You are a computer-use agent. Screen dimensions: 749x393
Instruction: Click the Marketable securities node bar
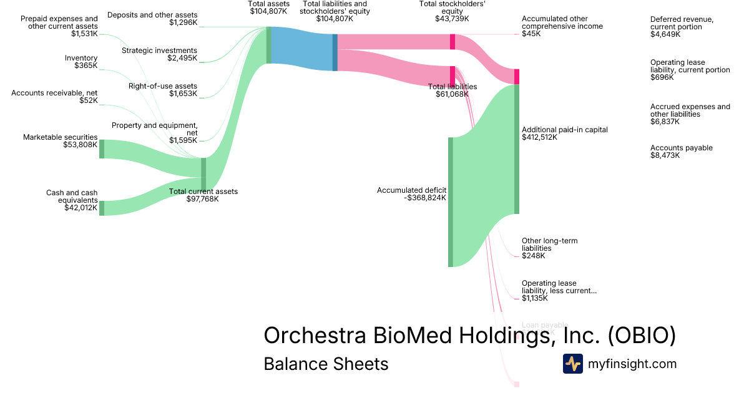tap(102, 149)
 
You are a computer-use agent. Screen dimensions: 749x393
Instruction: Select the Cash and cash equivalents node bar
tap(102, 208)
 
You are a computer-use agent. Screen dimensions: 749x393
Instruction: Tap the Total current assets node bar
tap(203, 174)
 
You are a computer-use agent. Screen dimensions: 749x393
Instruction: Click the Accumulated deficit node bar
tap(451, 202)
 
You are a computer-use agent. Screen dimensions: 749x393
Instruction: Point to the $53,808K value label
tap(81, 145)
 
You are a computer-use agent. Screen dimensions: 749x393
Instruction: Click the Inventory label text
tap(81, 58)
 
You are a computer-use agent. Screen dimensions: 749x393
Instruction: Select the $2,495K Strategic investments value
tap(182, 58)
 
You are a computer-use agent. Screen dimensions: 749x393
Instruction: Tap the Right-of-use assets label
tap(163, 86)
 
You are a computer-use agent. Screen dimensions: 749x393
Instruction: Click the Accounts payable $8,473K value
tap(665, 155)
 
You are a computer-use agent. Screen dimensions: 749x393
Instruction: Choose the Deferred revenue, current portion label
tap(682, 23)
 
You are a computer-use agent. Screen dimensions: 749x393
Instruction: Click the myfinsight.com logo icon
tap(572, 364)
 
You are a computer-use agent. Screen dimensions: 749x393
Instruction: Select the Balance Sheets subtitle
tap(326, 364)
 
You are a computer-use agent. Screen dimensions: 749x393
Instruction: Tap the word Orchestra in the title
tap(316, 336)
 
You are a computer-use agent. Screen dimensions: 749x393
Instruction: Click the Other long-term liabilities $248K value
tap(534, 256)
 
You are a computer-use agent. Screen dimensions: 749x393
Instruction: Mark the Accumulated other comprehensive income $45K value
tap(532, 34)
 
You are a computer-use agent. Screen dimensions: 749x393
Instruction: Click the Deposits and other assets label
tap(152, 15)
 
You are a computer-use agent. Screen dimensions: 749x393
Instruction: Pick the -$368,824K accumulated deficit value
tap(425, 198)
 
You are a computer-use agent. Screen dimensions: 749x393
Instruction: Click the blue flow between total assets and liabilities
tap(302, 49)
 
